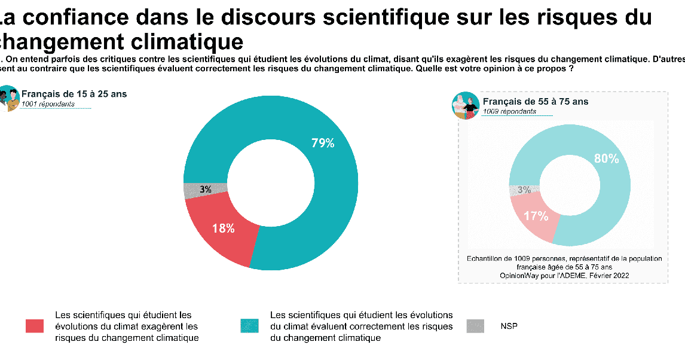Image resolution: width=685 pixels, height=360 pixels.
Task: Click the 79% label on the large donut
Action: (323, 143)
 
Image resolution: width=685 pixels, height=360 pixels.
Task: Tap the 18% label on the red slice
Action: (223, 228)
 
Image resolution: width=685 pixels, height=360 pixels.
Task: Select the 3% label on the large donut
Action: (206, 190)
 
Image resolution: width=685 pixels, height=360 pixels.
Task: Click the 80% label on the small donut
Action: (606, 158)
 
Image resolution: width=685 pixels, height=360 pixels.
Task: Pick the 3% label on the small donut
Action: (524, 190)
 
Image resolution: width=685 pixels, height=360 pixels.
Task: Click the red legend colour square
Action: (35, 326)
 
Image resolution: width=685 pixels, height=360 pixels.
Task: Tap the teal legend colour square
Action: (249, 326)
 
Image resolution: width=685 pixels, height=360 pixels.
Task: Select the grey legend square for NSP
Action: (475, 326)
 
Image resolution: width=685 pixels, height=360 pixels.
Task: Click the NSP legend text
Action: (509, 327)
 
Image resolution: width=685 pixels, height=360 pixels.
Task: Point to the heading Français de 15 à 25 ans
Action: (74, 94)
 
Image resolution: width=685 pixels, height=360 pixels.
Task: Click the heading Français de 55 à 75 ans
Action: (535, 102)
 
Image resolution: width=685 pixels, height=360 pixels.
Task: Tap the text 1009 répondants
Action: (509, 111)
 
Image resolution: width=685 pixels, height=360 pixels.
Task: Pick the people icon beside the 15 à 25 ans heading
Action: (8, 98)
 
